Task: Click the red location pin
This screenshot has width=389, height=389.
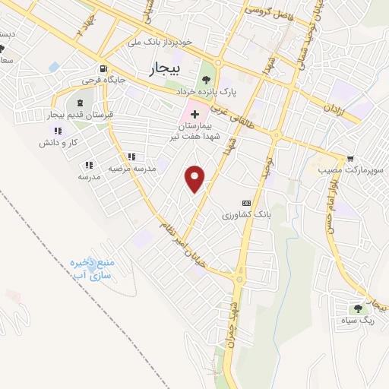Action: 195,177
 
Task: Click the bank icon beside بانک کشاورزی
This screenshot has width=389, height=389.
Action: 245,204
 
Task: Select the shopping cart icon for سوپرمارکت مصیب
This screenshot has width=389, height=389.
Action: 349,160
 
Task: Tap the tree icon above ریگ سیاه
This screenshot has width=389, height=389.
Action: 356,308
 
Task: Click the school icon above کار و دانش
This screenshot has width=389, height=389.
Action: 59,131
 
